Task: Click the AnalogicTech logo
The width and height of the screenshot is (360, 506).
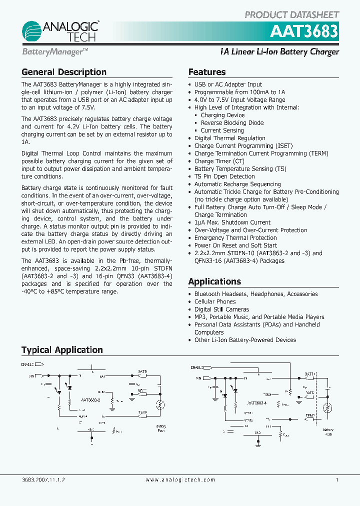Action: (60, 31)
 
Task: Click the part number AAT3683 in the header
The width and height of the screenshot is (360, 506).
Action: (304, 32)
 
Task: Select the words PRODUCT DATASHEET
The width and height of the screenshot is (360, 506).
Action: (291, 14)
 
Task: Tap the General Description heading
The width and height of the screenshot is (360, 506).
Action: (64, 72)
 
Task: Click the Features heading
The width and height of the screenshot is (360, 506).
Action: (207, 72)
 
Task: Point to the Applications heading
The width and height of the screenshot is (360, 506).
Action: (214, 281)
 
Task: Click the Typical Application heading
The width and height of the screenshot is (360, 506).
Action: (62, 350)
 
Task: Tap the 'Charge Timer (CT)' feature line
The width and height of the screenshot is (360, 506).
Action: (219, 161)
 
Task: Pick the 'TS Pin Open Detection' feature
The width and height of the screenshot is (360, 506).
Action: (224, 176)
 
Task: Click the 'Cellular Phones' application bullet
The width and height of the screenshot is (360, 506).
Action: (215, 301)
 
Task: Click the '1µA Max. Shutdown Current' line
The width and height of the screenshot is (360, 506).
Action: (232, 222)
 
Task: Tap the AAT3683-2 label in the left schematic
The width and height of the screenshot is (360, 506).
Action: (91, 400)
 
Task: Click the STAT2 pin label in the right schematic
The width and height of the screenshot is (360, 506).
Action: (248, 420)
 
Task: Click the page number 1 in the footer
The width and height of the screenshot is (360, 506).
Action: (337, 479)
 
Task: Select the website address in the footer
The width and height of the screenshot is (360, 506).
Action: (180, 479)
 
